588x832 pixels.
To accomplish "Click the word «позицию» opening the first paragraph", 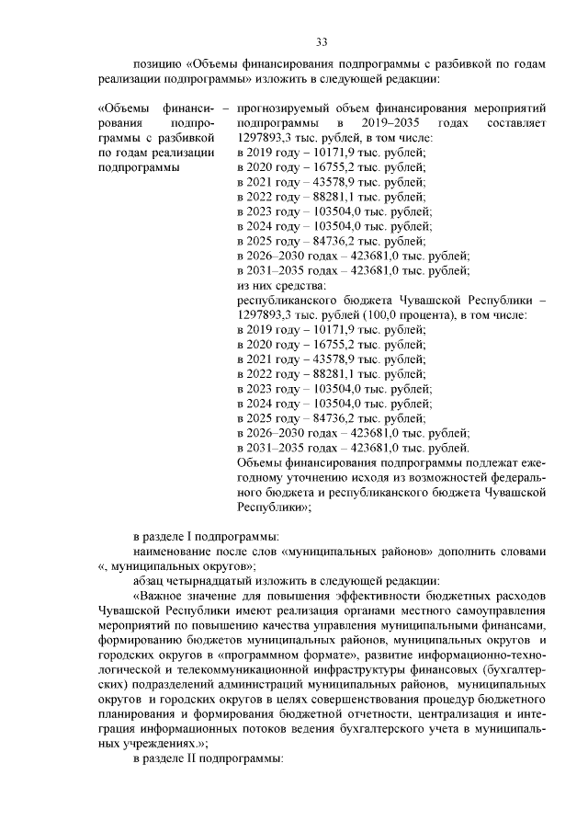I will coord(157,65).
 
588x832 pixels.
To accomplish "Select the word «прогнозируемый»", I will coord(279,108).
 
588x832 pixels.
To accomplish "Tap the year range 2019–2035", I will coord(383,122).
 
